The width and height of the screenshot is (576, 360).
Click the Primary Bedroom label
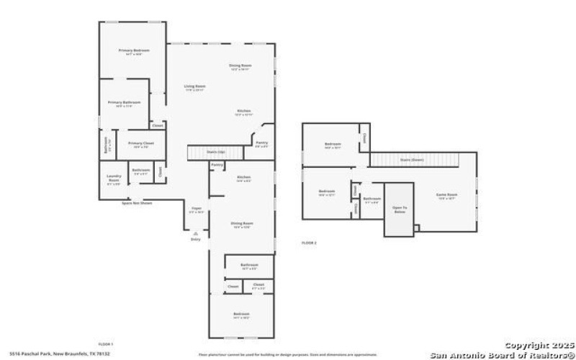134,51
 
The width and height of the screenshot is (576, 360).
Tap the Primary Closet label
141,144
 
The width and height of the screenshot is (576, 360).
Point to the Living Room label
194,87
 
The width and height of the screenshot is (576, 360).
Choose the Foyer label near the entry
196,210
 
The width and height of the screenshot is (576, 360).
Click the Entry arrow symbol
195,233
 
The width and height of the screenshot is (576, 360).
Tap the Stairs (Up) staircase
207,152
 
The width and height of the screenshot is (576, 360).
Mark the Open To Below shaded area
399,209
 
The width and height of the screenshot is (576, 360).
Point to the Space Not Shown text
136,203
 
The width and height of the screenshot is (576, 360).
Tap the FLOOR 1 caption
106,344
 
